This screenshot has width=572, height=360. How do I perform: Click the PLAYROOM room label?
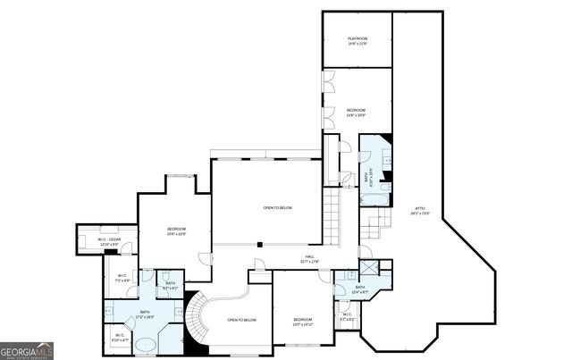357,38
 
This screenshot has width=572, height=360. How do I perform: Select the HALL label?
309,257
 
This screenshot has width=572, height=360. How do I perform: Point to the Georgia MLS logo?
27,349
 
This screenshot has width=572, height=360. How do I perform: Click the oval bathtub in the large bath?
145,344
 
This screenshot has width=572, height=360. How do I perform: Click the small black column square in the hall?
259,244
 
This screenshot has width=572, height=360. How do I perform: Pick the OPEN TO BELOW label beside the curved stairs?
241,320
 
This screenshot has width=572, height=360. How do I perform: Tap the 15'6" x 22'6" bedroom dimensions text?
176,235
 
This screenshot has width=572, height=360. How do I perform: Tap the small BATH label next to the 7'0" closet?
170,285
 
